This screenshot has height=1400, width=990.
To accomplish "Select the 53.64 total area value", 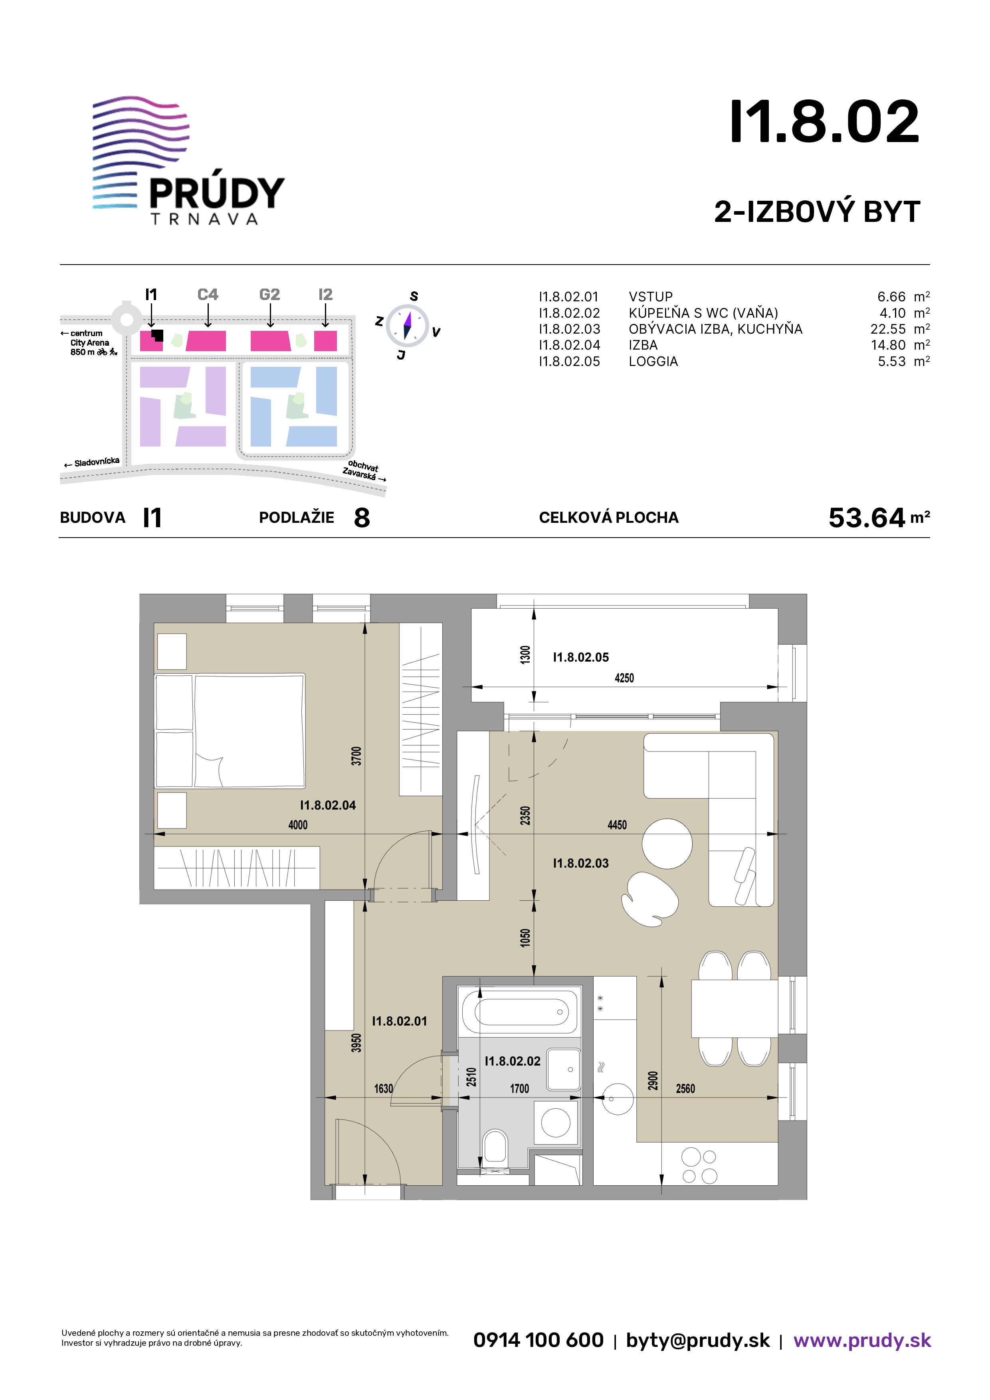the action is (867, 518).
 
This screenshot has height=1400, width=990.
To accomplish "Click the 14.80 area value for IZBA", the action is (888, 345).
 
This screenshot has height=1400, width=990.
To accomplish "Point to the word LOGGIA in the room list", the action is (653, 362).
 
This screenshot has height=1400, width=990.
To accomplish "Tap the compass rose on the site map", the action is (408, 323).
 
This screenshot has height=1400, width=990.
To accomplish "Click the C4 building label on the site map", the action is (208, 295).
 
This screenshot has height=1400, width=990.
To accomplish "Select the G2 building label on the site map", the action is (269, 295).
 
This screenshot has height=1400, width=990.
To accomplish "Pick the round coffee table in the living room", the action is (667, 843).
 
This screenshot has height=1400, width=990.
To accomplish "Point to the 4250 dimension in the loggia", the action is (624, 678).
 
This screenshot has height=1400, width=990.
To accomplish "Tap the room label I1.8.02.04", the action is (328, 805).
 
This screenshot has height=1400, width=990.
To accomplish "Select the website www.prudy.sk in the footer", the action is (862, 1340).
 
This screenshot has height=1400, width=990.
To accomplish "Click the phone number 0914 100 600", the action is (539, 1340).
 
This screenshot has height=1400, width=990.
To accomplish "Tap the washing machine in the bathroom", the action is (556, 1122).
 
